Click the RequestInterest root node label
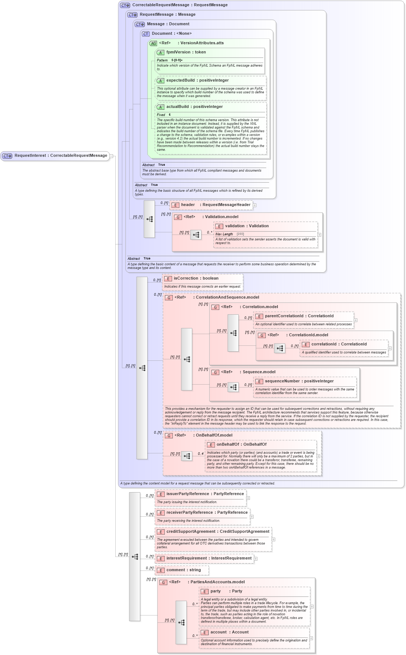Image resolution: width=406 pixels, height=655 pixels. click(x=60, y=156)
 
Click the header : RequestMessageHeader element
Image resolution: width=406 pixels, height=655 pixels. click(x=215, y=205)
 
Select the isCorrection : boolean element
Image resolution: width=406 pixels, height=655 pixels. click(x=195, y=278)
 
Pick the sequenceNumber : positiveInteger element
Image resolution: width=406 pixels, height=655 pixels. click(x=299, y=381)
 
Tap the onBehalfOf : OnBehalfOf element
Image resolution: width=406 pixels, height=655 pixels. click(x=241, y=445)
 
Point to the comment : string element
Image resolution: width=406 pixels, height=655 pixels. click(x=183, y=570)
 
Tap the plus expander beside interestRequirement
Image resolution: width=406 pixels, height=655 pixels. click(x=256, y=559)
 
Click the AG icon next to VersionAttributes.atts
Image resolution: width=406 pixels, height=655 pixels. click(x=153, y=43)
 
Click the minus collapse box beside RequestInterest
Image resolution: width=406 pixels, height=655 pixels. click(x=111, y=156)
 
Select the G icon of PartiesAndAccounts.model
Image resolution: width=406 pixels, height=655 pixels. click(x=163, y=582)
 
